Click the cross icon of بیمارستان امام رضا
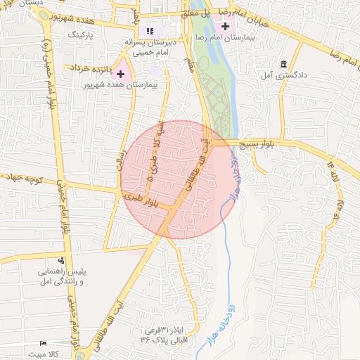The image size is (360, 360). point(225,26)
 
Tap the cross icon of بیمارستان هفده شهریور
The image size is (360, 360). point(121,74)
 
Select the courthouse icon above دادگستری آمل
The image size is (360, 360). point(283,63)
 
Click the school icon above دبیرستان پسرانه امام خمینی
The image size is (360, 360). point(149,31)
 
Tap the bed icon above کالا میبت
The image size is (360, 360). point(44,343)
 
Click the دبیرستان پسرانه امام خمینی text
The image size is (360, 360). point(149,48)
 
